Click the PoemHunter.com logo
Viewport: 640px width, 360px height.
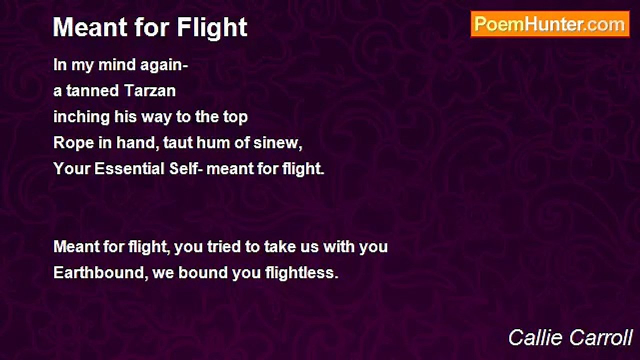(550, 24)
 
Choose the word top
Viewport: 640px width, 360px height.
(235, 117)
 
